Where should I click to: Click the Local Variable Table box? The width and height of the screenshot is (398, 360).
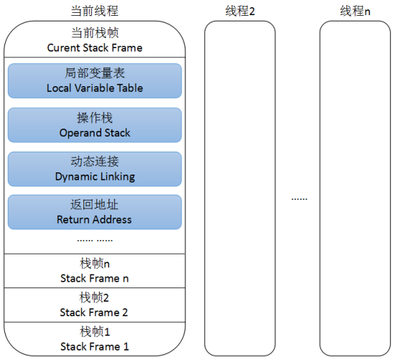click(x=94, y=80)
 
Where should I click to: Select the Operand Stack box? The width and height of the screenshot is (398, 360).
click(x=94, y=125)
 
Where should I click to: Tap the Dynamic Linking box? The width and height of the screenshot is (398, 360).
click(x=94, y=169)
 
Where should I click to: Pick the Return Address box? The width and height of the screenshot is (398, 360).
click(x=94, y=213)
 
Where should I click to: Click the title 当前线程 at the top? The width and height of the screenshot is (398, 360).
click(x=95, y=11)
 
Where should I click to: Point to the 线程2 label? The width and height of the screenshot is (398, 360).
click(x=239, y=11)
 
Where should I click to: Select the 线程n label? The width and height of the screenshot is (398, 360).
click(x=354, y=11)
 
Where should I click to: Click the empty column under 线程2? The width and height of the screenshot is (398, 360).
click(x=239, y=187)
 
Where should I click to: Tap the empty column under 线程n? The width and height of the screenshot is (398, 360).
click(x=354, y=187)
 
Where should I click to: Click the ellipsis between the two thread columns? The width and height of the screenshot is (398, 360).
click(x=299, y=198)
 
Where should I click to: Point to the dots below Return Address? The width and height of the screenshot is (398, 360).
click(x=95, y=239)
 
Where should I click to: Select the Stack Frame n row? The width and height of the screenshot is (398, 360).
click(x=95, y=271)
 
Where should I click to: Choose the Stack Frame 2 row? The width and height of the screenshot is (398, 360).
click(x=95, y=305)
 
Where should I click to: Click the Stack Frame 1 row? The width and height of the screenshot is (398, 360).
click(x=95, y=340)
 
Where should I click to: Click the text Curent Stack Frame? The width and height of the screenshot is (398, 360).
click(x=95, y=48)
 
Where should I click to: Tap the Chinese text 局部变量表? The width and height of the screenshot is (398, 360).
click(x=95, y=74)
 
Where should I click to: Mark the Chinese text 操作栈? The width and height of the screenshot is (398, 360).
click(x=95, y=119)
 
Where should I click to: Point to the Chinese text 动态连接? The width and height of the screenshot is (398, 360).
click(x=95, y=162)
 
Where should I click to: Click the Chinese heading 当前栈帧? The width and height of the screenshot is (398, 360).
click(x=95, y=34)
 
